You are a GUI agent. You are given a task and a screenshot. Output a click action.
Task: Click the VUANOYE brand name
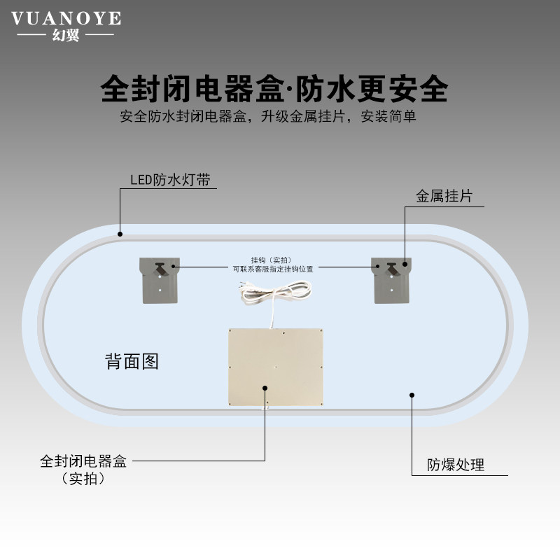pyautogui.click(x=66, y=18)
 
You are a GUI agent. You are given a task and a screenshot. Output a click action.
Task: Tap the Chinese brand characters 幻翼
pyautogui.click(x=66, y=35)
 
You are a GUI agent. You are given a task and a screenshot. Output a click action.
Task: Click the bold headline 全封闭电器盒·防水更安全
pyautogui.click(x=274, y=89)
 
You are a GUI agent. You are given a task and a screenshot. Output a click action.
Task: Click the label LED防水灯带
pyautogui.click(x=170, y=180)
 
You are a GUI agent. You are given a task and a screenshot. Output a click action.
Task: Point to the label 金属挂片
pyautogui.click(x=444, y=196)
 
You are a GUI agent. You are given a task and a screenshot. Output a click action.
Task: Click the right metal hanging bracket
pyautogui.click(x=391, y=279)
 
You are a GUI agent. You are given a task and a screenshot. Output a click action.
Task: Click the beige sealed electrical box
pyautogui.click(x=276, y=367)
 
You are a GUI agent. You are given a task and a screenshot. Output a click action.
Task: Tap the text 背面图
pyautogui.click(x=132, y=361)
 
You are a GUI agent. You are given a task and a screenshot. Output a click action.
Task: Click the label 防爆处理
pyautogui.click(x=456, y=465)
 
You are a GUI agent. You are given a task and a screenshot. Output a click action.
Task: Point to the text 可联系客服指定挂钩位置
pyautogui.click(x=272, y=267)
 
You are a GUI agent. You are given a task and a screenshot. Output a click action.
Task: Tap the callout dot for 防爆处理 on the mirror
pyautogui.click(x=412, y=394)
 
